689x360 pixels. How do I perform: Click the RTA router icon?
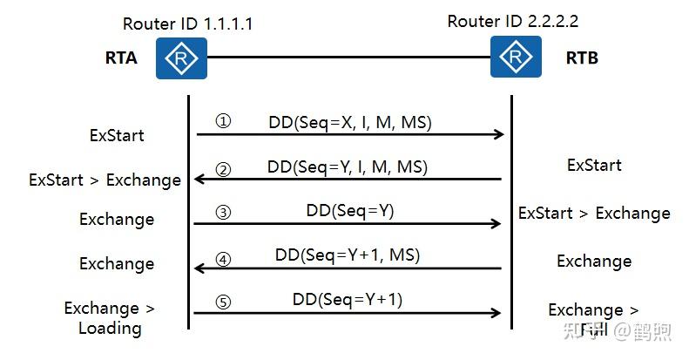[181, 58]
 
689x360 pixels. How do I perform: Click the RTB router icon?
[510, 58]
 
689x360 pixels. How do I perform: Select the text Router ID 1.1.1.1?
[187, 24]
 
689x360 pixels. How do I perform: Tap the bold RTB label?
[582, 59]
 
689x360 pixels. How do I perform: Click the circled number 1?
[223, 122]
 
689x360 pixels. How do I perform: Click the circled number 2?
[223, 168]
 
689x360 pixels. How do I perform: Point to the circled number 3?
[223, 212]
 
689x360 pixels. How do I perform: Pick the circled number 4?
[223, 258]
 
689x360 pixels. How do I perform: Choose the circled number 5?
[223, 302]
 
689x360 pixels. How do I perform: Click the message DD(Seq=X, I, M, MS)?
[349, 123]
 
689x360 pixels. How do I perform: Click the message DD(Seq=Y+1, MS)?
[348, 255]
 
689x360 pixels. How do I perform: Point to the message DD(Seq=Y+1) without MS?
[348, 299]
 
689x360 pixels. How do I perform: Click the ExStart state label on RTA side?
[117, 135]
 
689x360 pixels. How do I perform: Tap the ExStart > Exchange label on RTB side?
[594, 213]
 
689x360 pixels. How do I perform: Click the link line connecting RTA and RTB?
[348, 58]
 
